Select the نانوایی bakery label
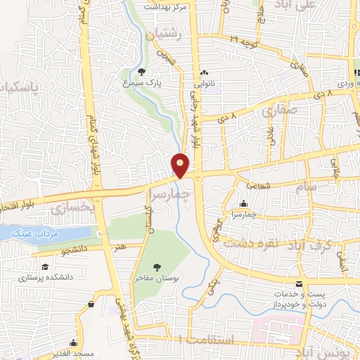[204, 82]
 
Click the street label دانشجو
[72, 250]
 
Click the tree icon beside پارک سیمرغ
[142, 71]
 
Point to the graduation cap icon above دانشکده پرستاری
[45, 267]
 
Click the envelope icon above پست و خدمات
[300, 284]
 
